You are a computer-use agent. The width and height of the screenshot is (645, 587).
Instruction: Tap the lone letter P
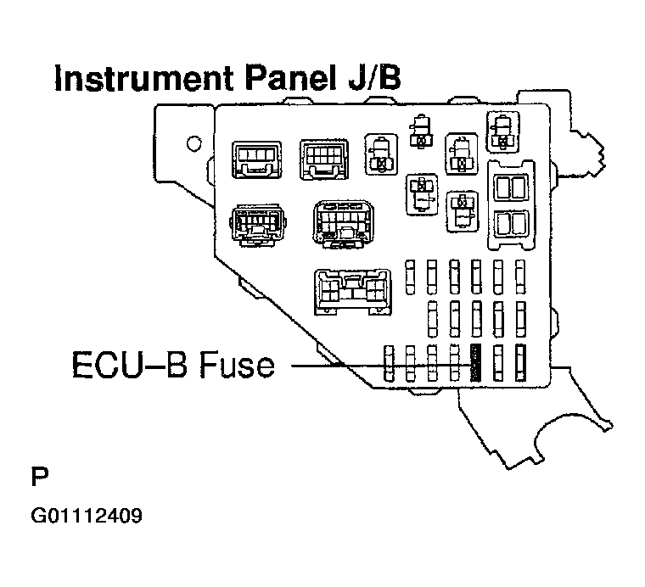pyautogui.click(x=39, y=476)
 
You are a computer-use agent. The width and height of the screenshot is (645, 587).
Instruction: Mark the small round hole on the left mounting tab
pyautogui.click(x=194, y=142)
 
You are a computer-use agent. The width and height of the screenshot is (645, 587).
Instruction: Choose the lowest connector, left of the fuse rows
pyautogui.click(x=352, y=292)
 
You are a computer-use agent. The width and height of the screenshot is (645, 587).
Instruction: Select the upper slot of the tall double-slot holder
pyautogui.click(x=511, y=187)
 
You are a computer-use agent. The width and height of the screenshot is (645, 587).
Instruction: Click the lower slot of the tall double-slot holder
pyautogui.click(x=511, y=222)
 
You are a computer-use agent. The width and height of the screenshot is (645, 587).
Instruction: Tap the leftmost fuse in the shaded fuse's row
pyautogui.click(x=390, y=362)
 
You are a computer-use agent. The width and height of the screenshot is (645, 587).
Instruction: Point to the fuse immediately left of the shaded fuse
pyautogui.click(x=455, y=362)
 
